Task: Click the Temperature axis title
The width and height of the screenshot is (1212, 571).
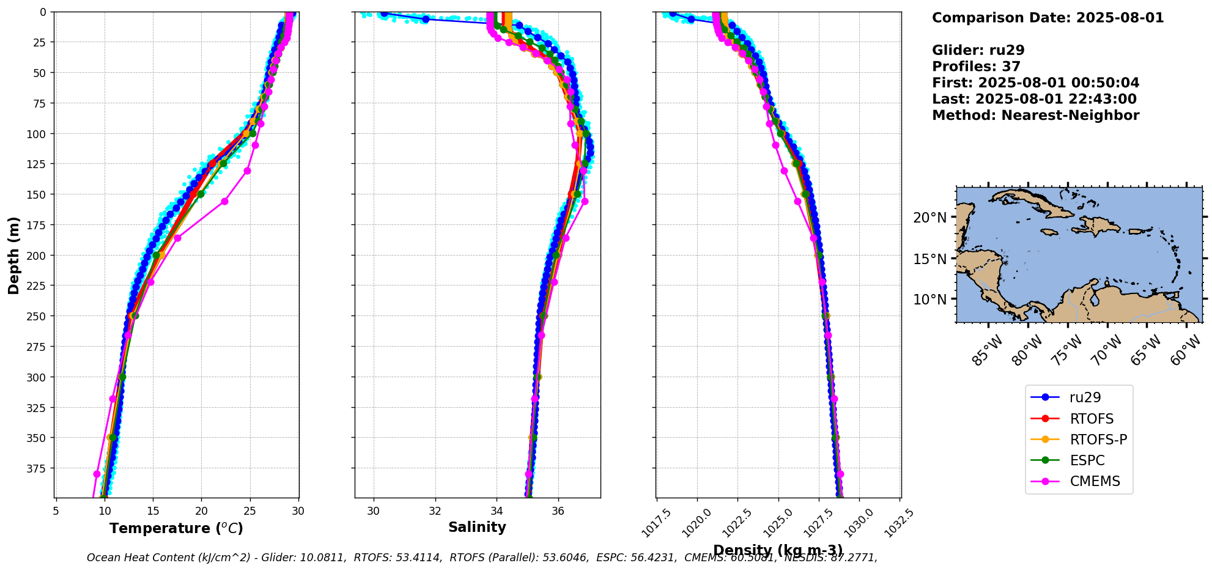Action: click(176, 528)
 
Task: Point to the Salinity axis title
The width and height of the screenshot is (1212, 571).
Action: click(477, 527)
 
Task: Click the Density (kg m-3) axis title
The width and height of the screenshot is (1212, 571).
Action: click(778, 550)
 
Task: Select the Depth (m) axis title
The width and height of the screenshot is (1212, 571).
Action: click(13, 255)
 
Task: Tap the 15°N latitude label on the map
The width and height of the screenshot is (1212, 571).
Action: click(929, 259)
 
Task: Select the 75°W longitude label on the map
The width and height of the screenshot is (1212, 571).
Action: click(1066, 352)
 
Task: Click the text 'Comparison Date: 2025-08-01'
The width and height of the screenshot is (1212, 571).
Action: click(1048, 18)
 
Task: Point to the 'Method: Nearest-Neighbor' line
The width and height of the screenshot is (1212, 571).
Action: click(1035, 116)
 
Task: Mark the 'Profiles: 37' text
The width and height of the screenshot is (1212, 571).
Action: click(976, 67)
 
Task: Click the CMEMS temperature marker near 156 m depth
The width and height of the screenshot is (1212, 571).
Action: click(224, 201)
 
